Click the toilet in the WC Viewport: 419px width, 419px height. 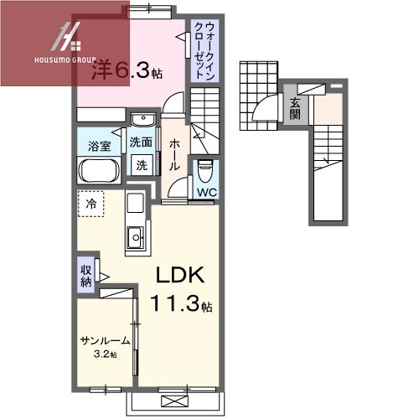coord(205,171)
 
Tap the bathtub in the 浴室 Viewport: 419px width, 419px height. coord(99,171)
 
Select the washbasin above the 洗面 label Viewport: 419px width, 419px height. coord(143,120)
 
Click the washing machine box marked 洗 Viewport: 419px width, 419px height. coord(142,165)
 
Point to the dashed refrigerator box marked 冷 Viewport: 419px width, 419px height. coord(91,204)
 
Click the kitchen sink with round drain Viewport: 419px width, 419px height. coord(136,237)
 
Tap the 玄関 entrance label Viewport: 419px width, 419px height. coord(295,109)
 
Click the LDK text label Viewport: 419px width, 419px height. coord(180,275)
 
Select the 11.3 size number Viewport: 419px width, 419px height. coord(176,303)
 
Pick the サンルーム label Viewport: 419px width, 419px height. coord(105,341)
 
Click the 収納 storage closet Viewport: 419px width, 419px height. coord(86,275)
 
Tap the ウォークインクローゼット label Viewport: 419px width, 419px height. coord(204,51)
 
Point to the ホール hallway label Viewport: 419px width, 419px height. coord(174,155)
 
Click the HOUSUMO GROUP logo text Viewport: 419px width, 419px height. coord(65,60)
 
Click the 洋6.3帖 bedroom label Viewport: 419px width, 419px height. coord(127,70)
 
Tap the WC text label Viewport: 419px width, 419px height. coord(207,193)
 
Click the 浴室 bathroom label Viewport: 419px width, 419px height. coord(100,147)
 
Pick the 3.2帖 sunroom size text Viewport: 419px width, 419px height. coord(105,354)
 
